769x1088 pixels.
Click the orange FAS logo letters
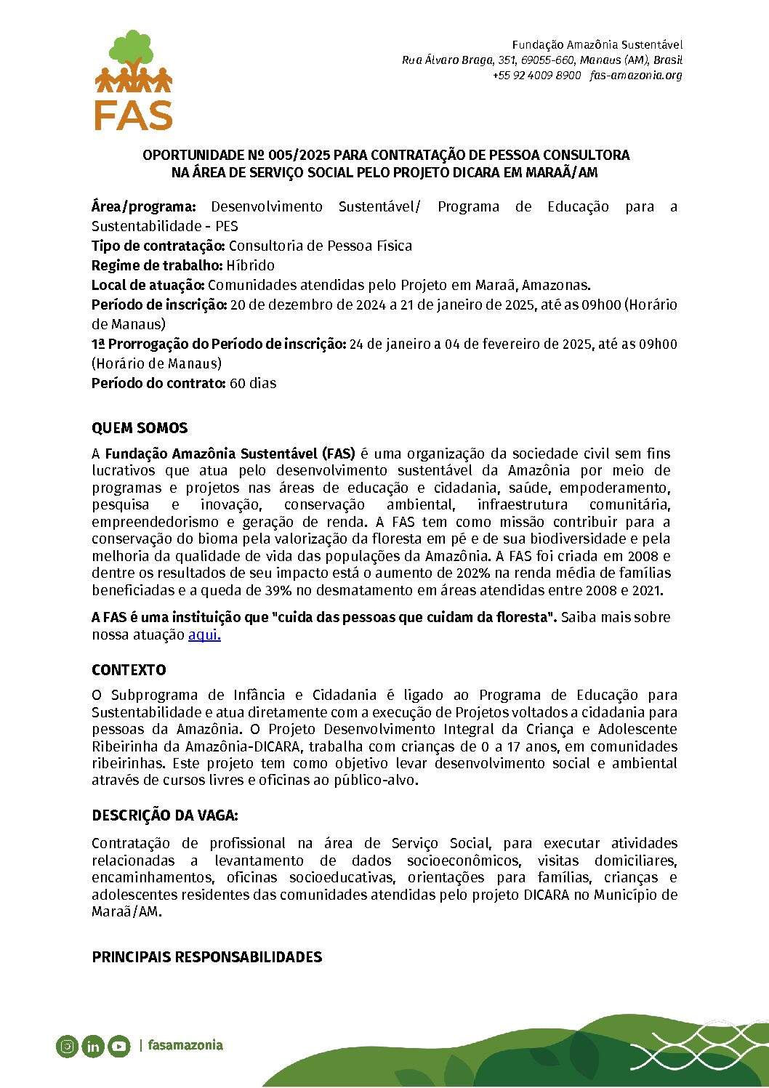pyautogui.click(x=133, y=115)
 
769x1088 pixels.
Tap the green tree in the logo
pyautogui.click(x=132, y=49)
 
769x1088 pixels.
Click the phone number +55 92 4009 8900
pyautogui.click(x=536, y=76)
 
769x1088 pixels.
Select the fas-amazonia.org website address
pyautogui.click(x=636, y=76)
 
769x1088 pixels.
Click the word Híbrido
pyautogui.click(x=250, y=265)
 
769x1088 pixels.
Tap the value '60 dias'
pyautogui.click(x=253, y=383)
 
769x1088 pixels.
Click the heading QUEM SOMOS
pyautogui.click(x=140, y=428)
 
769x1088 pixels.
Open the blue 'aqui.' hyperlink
pyautogui.click(x=204, y=634)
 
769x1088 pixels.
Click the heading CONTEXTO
pyautogui.click(x=129, y=670)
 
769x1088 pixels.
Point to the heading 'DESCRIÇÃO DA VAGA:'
pyautogui.click(x=165, y=815)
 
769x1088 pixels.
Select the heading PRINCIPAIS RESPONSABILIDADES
pyautogui.click(x=206, y=957)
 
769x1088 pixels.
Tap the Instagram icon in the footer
pyautogui.click(x=67, y=1047)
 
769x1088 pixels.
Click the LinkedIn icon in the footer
pyautogui.click(x=93, y=1047)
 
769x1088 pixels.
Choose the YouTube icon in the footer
pyautogui.click(x=119, y=1047)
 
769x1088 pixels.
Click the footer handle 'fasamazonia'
pyautogui.click(x=185, y=1045)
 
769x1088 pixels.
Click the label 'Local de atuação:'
pyautogui.click(x=148, y=285)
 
